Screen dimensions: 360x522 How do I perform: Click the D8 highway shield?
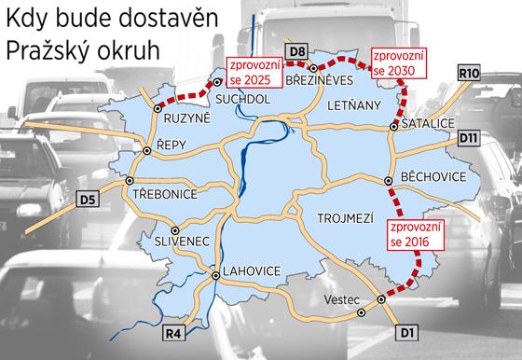coord(297,50)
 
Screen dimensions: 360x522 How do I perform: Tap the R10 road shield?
coord(468,71)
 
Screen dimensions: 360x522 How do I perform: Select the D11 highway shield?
coord(469,137)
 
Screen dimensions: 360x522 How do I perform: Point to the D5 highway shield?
coord(88,198)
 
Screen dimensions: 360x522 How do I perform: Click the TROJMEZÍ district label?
coord(345,218)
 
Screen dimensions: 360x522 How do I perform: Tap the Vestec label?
coord(341,299)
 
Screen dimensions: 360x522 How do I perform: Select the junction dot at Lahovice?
coord(215,275)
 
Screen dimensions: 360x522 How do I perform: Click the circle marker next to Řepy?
coord(147,150)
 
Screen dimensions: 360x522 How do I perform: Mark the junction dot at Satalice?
coord(394,124)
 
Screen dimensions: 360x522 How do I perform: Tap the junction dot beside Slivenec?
coord(174,229)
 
